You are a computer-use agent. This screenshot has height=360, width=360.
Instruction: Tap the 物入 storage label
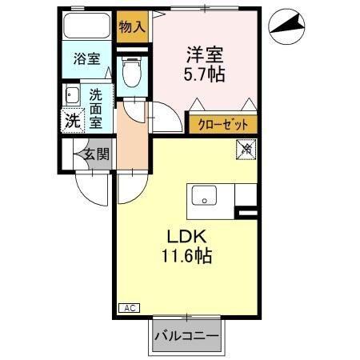tap(133, 27)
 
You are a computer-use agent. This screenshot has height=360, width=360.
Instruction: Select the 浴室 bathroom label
tap(87, 58)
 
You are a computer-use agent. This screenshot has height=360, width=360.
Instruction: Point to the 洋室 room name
tap(205, 56)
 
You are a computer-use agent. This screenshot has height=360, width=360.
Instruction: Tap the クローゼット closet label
tap(223, 125)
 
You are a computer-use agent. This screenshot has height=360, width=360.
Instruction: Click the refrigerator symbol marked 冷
tap(246, 148)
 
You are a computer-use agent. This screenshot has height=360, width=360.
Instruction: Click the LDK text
tap(186, 237)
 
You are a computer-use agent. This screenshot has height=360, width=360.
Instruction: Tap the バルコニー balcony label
tap(186, 337)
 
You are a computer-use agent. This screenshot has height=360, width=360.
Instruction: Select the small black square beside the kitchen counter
tap(247, 212)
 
